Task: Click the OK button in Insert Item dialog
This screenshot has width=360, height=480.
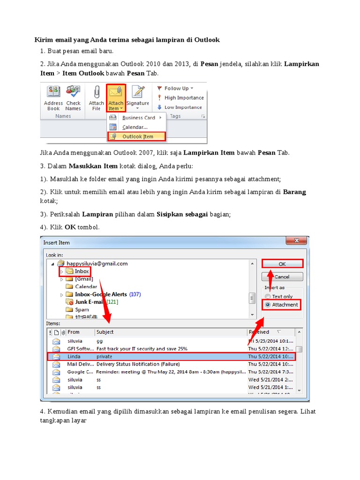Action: click(282, 264)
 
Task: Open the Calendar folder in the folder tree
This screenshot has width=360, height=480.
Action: click(86, 286)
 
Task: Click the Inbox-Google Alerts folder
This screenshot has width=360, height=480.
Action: click(101, 294)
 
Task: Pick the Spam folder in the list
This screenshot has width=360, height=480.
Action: click(82, 310)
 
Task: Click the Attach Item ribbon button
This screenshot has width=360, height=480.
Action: click(116, 98)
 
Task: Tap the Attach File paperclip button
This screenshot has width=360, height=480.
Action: click(97, 98)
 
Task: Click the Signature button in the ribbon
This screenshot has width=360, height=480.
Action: click(137, 97)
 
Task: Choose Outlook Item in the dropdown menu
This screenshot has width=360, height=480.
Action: click(137, 137)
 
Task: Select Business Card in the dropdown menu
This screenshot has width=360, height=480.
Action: click(138, 118)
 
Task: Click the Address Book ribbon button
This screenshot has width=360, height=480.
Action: click(53, 98)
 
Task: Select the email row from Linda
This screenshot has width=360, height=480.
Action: click(171, 357)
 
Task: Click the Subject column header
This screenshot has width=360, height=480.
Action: click(105, 332)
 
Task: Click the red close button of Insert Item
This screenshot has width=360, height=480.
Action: click(297, 241)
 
